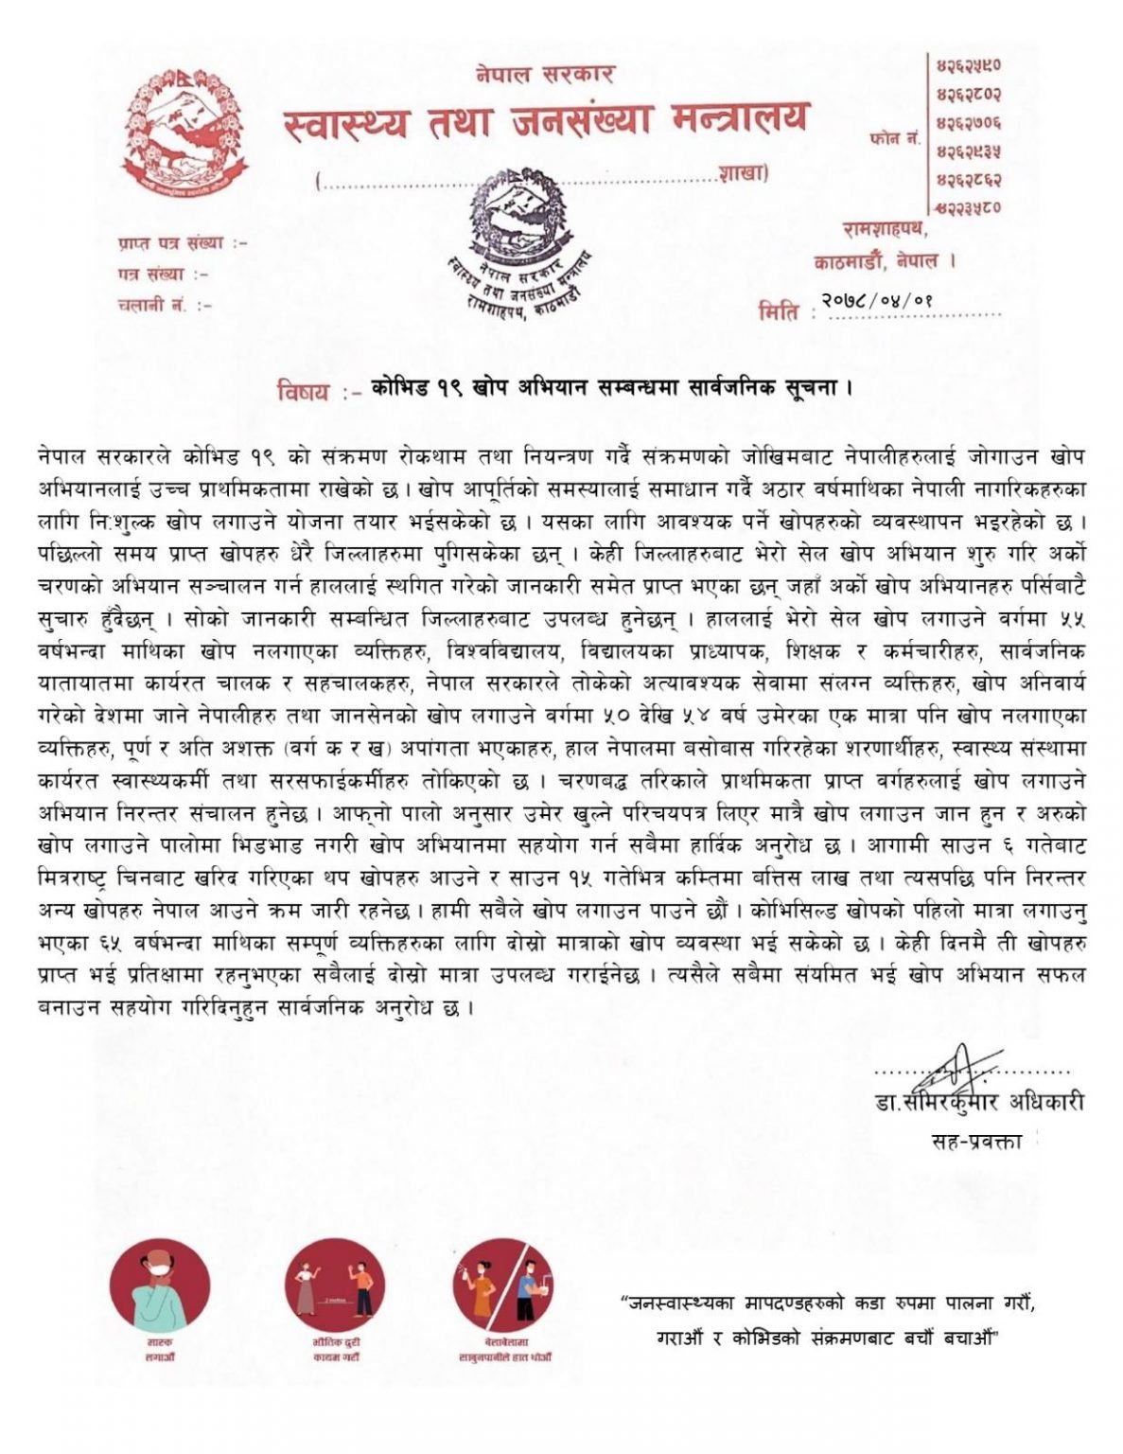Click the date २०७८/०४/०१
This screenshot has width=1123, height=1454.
880,300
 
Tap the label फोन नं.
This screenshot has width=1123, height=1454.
894,138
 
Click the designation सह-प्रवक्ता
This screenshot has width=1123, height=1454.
976,1142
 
